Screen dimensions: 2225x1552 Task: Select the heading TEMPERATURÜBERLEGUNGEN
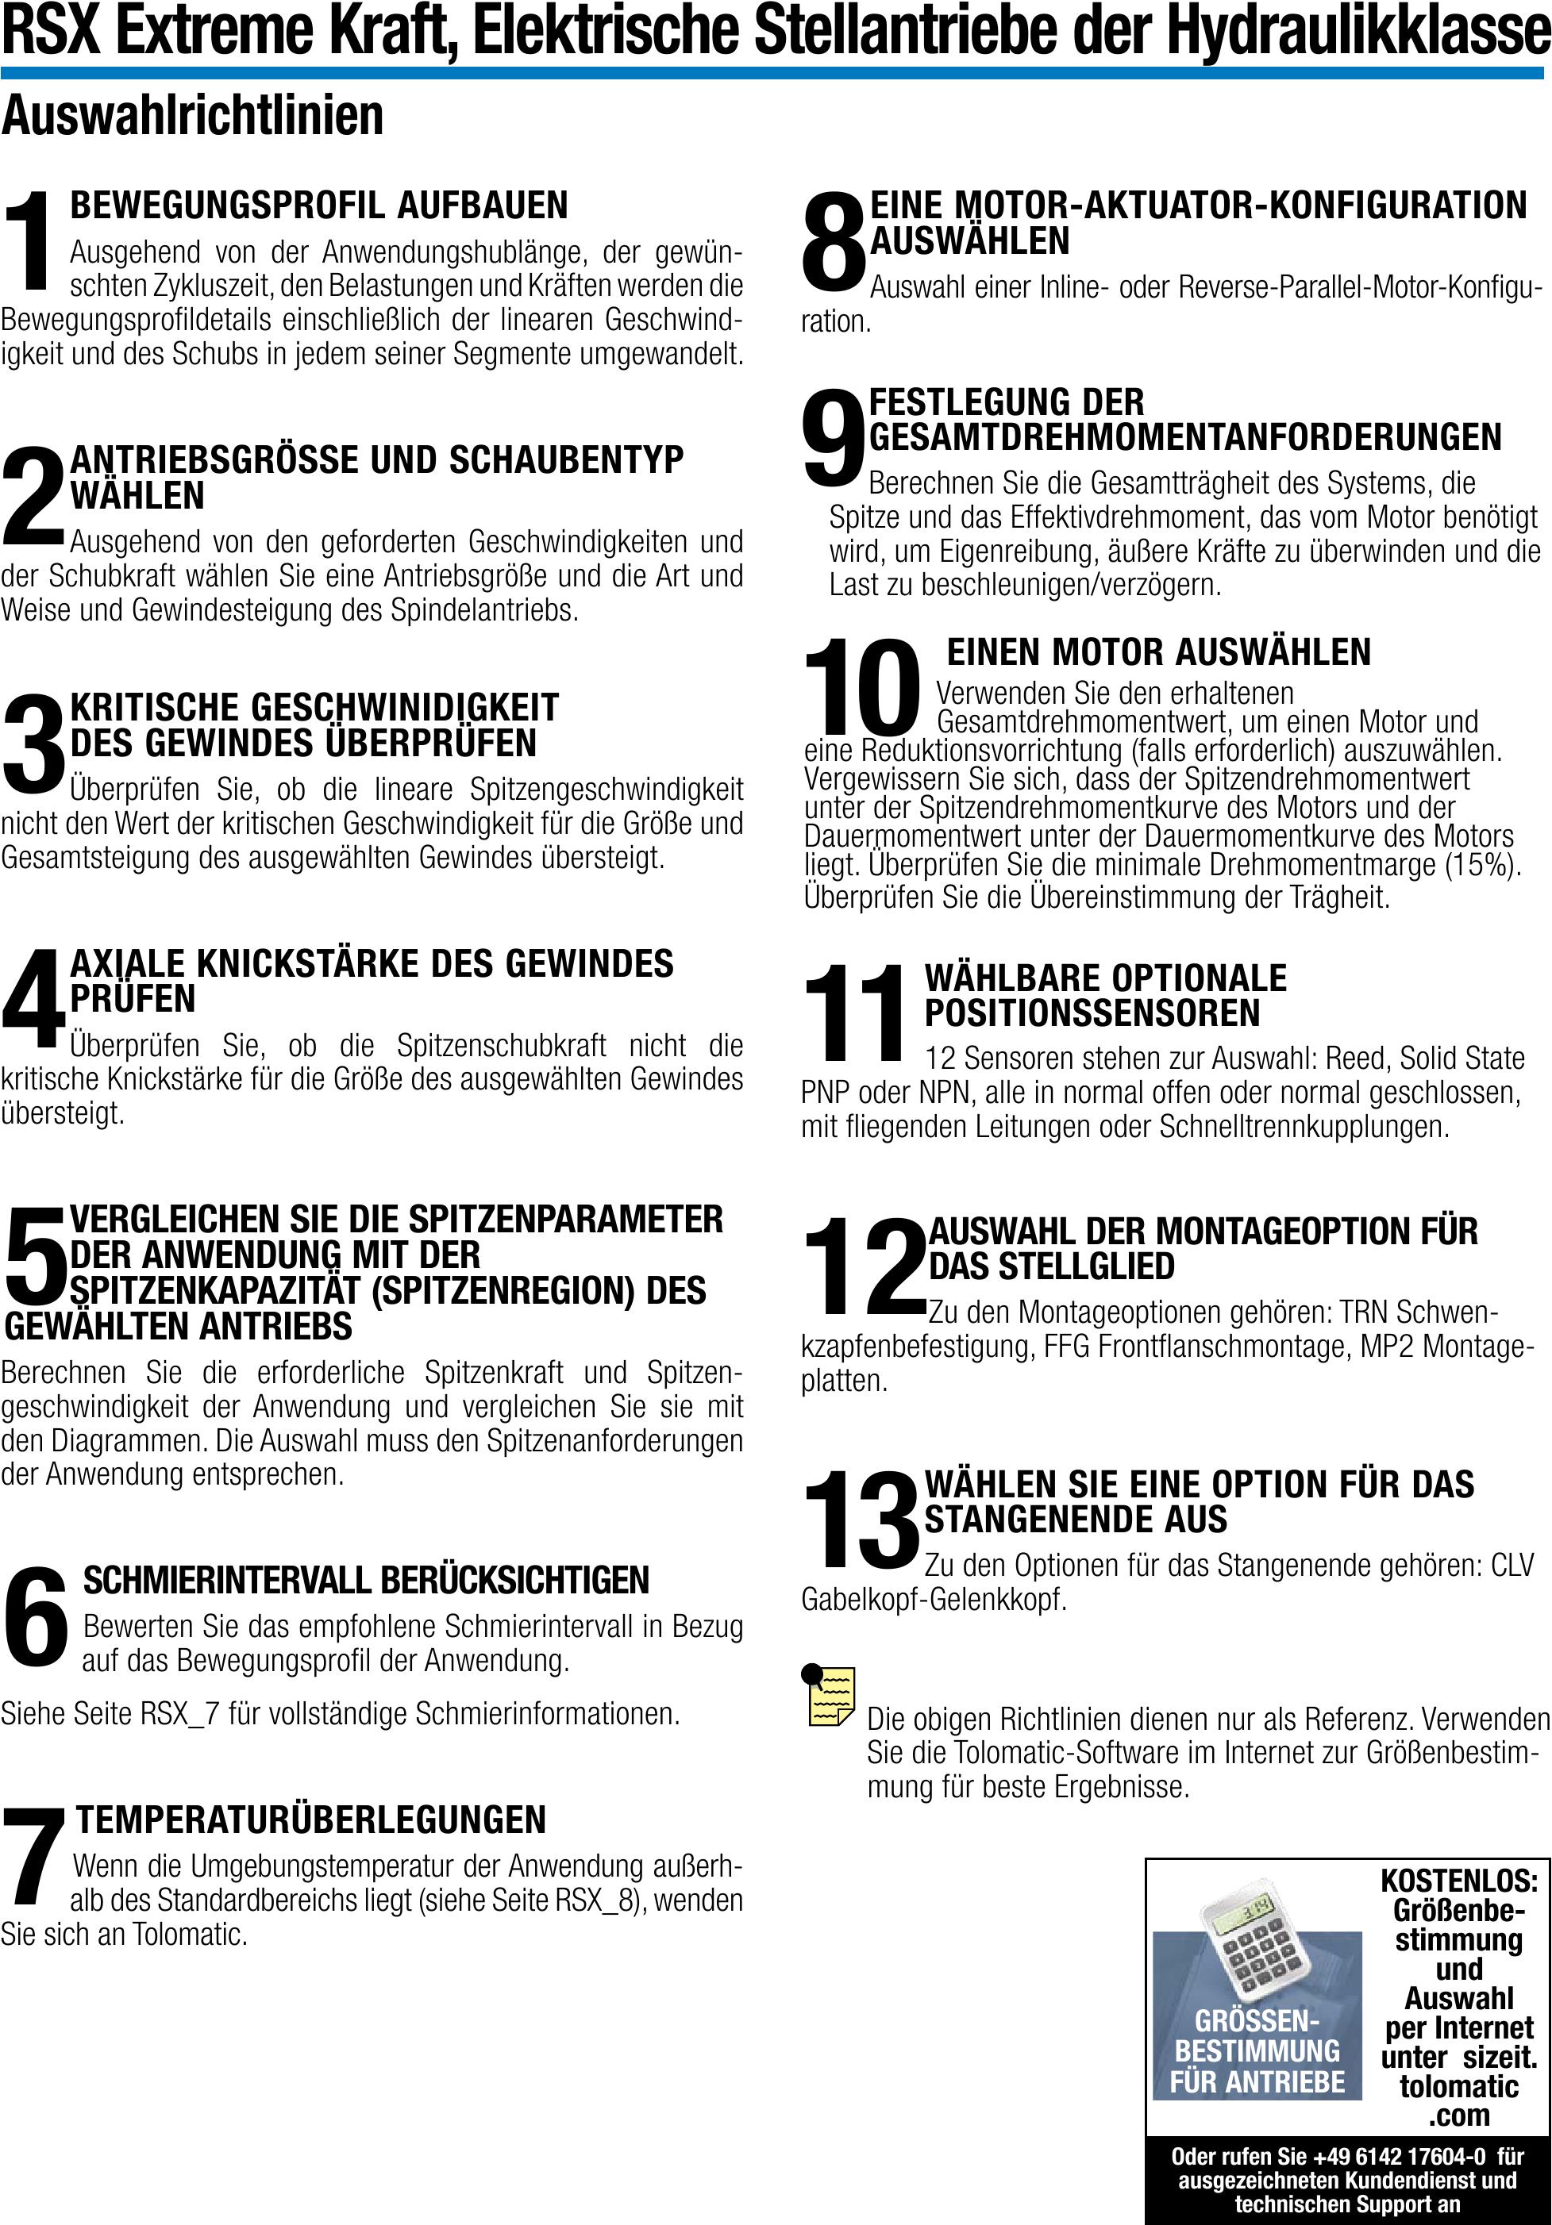311,1819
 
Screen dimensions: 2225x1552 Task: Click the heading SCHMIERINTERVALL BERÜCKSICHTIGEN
365,1581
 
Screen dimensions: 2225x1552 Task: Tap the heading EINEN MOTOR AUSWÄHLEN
1158,652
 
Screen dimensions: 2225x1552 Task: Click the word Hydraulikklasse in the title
1358,31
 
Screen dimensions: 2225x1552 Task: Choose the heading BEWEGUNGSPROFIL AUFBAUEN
319,206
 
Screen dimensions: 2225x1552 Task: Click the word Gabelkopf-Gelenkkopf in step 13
934,1599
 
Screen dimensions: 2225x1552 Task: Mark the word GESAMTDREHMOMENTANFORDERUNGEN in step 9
1184,437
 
